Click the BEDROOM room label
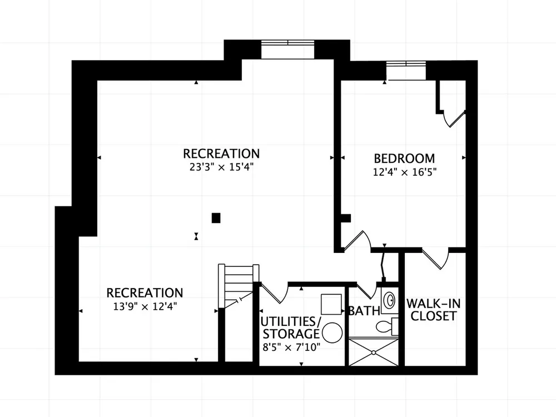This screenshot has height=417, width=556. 404,158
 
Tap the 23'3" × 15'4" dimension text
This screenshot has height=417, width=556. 221,167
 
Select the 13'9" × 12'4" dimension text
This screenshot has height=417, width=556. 145,306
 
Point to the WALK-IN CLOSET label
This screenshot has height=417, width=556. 433,310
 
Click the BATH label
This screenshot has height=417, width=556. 365,311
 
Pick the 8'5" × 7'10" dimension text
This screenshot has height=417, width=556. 291,347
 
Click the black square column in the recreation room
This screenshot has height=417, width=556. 216,218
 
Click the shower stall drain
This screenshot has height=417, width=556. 374,353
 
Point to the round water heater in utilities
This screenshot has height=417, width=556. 332,332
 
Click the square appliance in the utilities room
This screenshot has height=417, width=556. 331,304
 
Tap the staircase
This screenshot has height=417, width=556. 239,286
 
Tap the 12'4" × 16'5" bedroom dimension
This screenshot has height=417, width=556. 404,172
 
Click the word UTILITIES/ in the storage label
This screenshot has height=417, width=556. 291,321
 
